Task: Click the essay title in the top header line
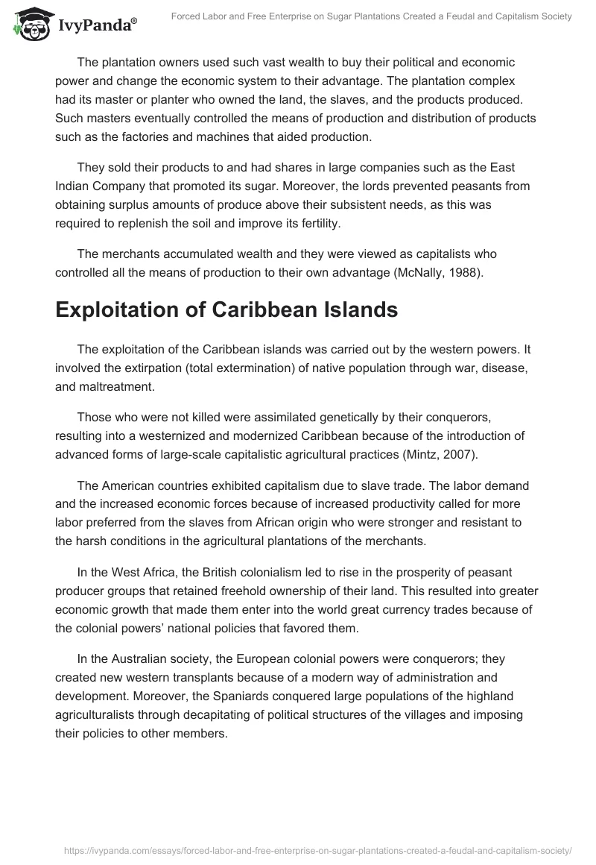tap(370, 16)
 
